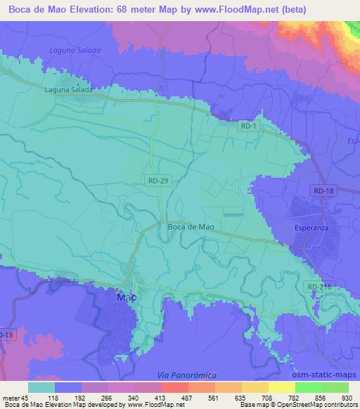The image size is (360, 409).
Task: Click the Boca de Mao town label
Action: tap(191, 226)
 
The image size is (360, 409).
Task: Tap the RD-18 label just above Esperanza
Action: tap(324, 190)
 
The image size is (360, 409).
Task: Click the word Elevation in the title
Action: tap(116, 10)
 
